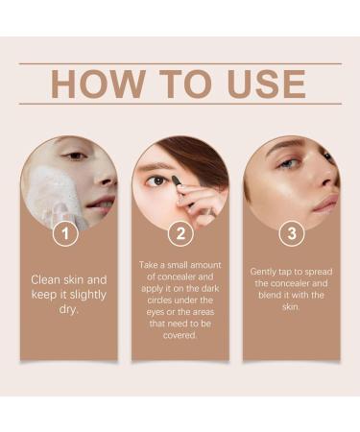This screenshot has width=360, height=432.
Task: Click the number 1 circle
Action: click(65, 234)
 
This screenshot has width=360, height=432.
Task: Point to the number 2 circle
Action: click(180, 234)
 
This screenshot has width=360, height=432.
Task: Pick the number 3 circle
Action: click(292, 234)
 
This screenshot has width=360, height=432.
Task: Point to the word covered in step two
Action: click(179, 335)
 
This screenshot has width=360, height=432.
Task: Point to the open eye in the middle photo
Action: click(156, 180)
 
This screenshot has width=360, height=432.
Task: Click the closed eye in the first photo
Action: click(77, 156)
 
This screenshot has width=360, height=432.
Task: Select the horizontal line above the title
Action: click(180, 63)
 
